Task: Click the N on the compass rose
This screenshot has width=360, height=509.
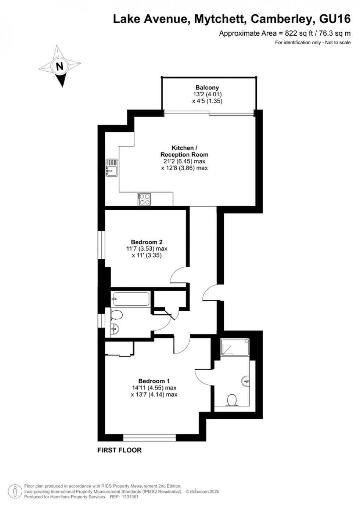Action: [60, 67]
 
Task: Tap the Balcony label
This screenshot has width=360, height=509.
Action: [207, 88]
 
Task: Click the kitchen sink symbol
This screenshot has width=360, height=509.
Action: [111, 168]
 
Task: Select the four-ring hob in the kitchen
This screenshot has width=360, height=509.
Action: [144, 200]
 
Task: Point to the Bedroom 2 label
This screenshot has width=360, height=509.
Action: [147, 242]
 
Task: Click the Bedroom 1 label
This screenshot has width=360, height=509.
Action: [154, 381]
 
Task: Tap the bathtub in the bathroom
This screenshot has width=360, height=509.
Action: [131, 299]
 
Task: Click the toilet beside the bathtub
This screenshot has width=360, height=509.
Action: [116, 315]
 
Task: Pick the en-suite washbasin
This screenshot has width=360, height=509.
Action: [246, 381]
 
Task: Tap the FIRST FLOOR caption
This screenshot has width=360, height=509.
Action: [119, 450]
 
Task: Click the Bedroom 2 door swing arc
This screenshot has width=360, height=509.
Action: [179, 276]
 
